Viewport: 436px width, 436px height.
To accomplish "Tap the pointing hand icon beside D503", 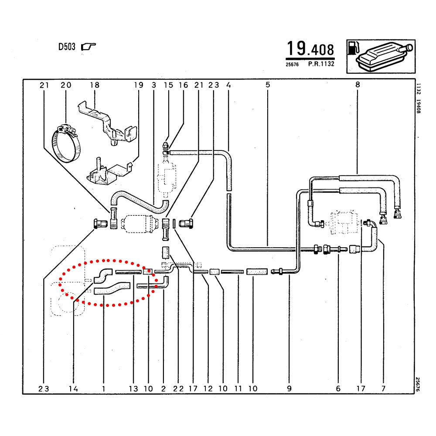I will coord(89,46).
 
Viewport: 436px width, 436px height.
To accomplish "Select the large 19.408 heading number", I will coord(310,49).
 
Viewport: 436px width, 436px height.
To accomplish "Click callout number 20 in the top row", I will coord(66,85).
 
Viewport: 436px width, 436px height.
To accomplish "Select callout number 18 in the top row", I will coord(95,85).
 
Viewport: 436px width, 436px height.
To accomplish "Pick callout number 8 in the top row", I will coord(358,85).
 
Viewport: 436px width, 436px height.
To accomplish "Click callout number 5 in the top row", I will coord(267,85).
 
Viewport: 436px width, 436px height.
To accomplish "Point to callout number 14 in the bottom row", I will coord(73,388).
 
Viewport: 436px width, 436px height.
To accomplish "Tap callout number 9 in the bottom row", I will coord(289,388).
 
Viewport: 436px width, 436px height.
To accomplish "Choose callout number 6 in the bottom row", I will coord(338,388).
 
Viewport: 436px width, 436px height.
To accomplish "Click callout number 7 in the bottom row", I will coord(383,388).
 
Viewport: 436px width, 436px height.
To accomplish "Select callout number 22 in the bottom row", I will coord(179,388).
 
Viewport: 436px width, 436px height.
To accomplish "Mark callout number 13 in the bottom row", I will coord(133,388).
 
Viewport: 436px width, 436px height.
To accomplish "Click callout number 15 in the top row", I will coord(168,85).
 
